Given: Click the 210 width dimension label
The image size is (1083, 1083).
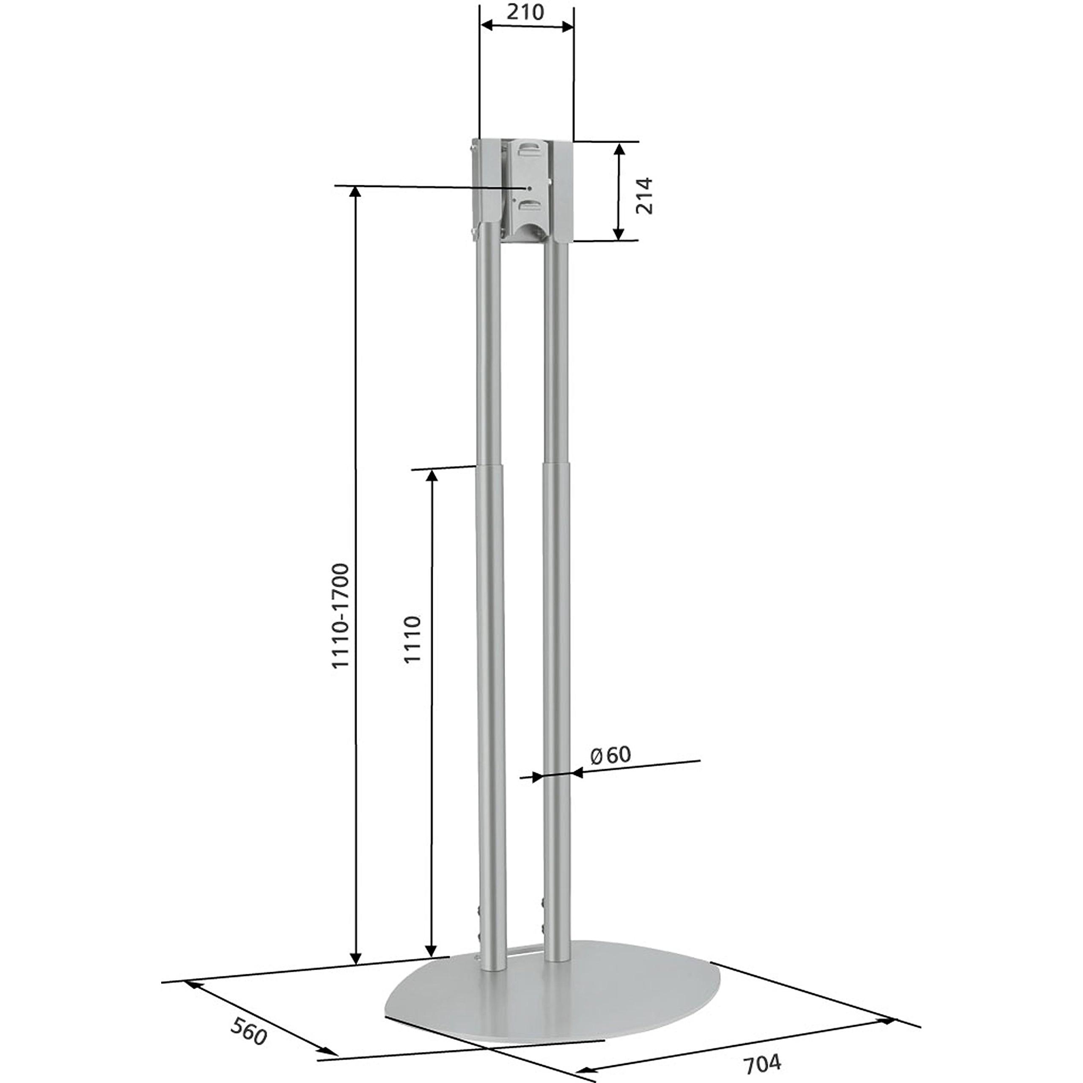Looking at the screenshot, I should [525, 12].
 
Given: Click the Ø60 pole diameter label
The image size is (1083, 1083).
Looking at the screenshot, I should [611, 755].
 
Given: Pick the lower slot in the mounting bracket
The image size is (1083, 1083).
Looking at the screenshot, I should [529, 207].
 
